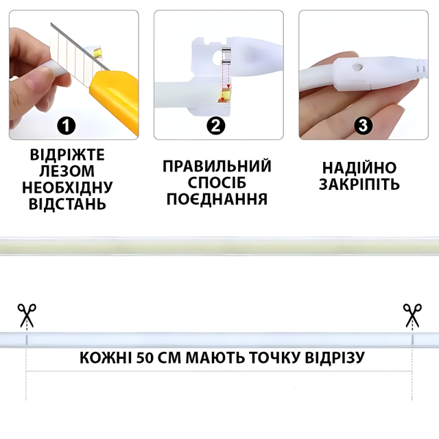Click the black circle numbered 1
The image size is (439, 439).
point(67,126)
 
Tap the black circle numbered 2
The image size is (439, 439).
point(216,126)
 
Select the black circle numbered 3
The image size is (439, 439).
point(363,126)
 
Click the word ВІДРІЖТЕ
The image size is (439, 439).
point(67,155)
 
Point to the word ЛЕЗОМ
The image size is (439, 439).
point(67,171)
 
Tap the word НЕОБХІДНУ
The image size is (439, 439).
point(67,187)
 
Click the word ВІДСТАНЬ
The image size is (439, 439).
point(67,204)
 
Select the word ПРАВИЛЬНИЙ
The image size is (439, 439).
point(217,166)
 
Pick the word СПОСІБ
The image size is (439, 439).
point(217,182)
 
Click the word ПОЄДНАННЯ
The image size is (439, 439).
point(217,199)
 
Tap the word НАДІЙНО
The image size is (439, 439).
point(359,167)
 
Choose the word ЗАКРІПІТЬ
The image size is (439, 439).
point(359,185)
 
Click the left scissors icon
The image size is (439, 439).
point(27,316)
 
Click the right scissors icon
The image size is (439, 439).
point(412,316)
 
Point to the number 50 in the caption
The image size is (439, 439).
point(145,358)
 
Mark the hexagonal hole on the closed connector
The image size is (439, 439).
point(357,67)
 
